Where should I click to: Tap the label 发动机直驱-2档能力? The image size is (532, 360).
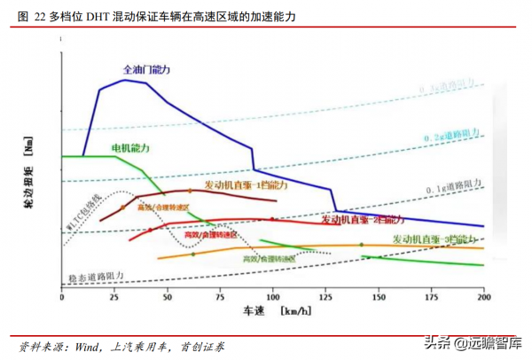pyautogui.click(x=360, y=218)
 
